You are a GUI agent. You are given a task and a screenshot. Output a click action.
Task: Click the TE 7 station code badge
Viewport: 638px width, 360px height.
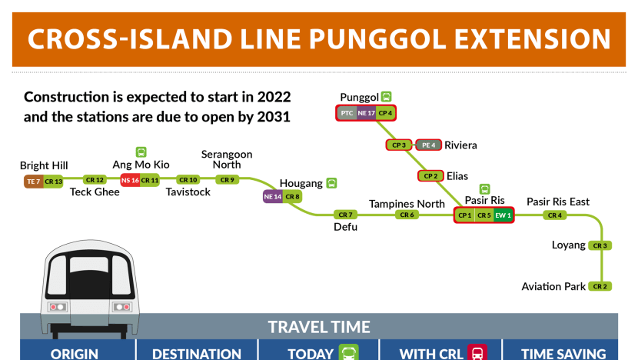(33, 182)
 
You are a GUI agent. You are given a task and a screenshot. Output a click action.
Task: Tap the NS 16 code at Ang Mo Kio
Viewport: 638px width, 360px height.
(130, 180)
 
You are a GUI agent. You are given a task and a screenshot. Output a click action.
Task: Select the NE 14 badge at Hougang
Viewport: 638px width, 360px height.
(273, 197)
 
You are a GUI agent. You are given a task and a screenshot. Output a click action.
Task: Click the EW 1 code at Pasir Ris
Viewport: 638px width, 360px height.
(503, 215)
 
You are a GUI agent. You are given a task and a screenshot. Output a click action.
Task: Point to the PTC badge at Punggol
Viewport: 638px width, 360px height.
(347, 113)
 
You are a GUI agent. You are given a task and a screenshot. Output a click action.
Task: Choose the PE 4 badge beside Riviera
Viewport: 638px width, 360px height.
(428, 145)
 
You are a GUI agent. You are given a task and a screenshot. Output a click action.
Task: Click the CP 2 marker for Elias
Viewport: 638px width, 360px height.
(430, 176)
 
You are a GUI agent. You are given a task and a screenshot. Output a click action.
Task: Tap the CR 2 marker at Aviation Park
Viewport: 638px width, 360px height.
(600, 286)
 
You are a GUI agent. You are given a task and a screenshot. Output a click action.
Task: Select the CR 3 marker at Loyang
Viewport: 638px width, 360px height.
(600, 245)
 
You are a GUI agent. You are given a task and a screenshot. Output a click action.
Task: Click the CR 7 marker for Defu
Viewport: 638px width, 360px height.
(345, 215)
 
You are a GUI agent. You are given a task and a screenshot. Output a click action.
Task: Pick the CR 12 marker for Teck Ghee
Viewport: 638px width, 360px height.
(95, 179)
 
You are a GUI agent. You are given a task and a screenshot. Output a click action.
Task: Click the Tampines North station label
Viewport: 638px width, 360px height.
(407, 204)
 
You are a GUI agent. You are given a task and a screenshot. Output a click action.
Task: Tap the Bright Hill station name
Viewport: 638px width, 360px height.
(44, 165)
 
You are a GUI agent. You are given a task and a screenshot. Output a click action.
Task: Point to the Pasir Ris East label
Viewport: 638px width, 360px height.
(558, 202)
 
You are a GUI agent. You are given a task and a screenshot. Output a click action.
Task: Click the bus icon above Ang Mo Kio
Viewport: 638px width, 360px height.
(141, 152)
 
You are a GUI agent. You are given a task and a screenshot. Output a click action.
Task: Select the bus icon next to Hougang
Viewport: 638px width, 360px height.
(331, 183)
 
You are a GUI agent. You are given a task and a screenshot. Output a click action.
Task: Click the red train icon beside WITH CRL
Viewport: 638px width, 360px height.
(477, 352)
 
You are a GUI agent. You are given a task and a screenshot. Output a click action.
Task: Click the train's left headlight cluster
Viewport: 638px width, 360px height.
(58, 307)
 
